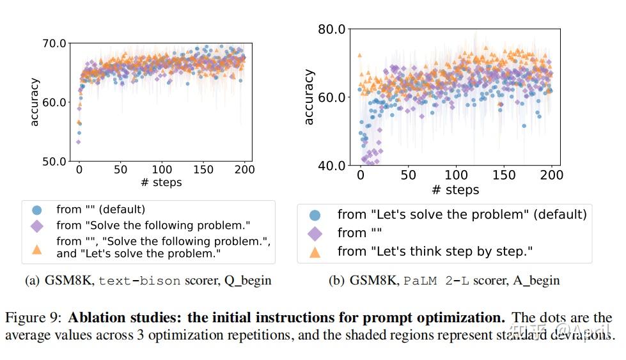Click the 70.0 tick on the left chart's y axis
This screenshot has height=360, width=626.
pyautogui.click(x=54, y=43)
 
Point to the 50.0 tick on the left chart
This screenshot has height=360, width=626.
pyautogui.click(x=54, y=161)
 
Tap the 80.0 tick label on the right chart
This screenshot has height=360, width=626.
pyautogui.click(x=332, y=29)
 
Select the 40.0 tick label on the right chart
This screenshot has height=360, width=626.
pyautogui.click(x=332, y=166)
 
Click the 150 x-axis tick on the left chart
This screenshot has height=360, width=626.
pyautogui.click(x=204, y=170)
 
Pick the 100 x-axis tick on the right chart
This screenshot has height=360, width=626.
pyautogui.click(x=457, y=175)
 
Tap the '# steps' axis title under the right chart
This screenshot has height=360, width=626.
pyautogui.click(x=455, y=190)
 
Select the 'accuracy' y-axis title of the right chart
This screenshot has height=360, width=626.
pyautogui.click(x=309, y=97)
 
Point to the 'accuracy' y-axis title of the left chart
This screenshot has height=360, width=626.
pyautogui.click(x=35, y=102)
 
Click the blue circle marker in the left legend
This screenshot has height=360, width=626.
pyautogui.click(x=37, y=209)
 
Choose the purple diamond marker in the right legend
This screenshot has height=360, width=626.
pyautogui.click(x=315, y=233)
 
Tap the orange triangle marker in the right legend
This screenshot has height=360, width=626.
pyautogui.click(x=315, y=252)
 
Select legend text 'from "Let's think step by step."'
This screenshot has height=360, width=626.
pyautogui.click(x=434, y=251)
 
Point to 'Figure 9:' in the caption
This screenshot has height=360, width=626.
pyautogui.click(x=35, y=318)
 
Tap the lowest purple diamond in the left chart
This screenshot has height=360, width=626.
pyautogui.click(x=79, y=141)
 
